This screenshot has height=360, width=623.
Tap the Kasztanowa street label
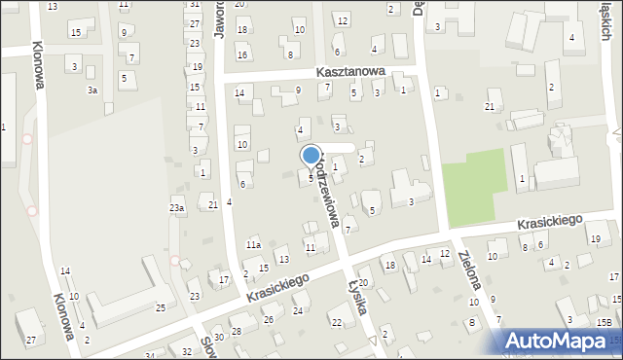click(351, 72)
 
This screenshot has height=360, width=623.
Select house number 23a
click(177, 208)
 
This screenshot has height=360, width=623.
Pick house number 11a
click(253, 245)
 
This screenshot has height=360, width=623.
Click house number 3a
click(92, 90)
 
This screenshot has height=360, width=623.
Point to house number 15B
click(605, 322)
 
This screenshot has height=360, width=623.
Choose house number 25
click(161, 307)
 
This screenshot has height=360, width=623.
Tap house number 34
click(150, 356)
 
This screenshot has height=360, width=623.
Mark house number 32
click(187, 350)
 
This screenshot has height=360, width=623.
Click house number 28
click(236, 332)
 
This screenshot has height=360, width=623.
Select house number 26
click(269, 319)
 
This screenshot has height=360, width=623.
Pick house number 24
click(298, 310)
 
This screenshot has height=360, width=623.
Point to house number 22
click(337, 322)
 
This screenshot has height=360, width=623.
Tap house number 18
click(389, 265)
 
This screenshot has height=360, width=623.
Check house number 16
click(242, 55)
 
